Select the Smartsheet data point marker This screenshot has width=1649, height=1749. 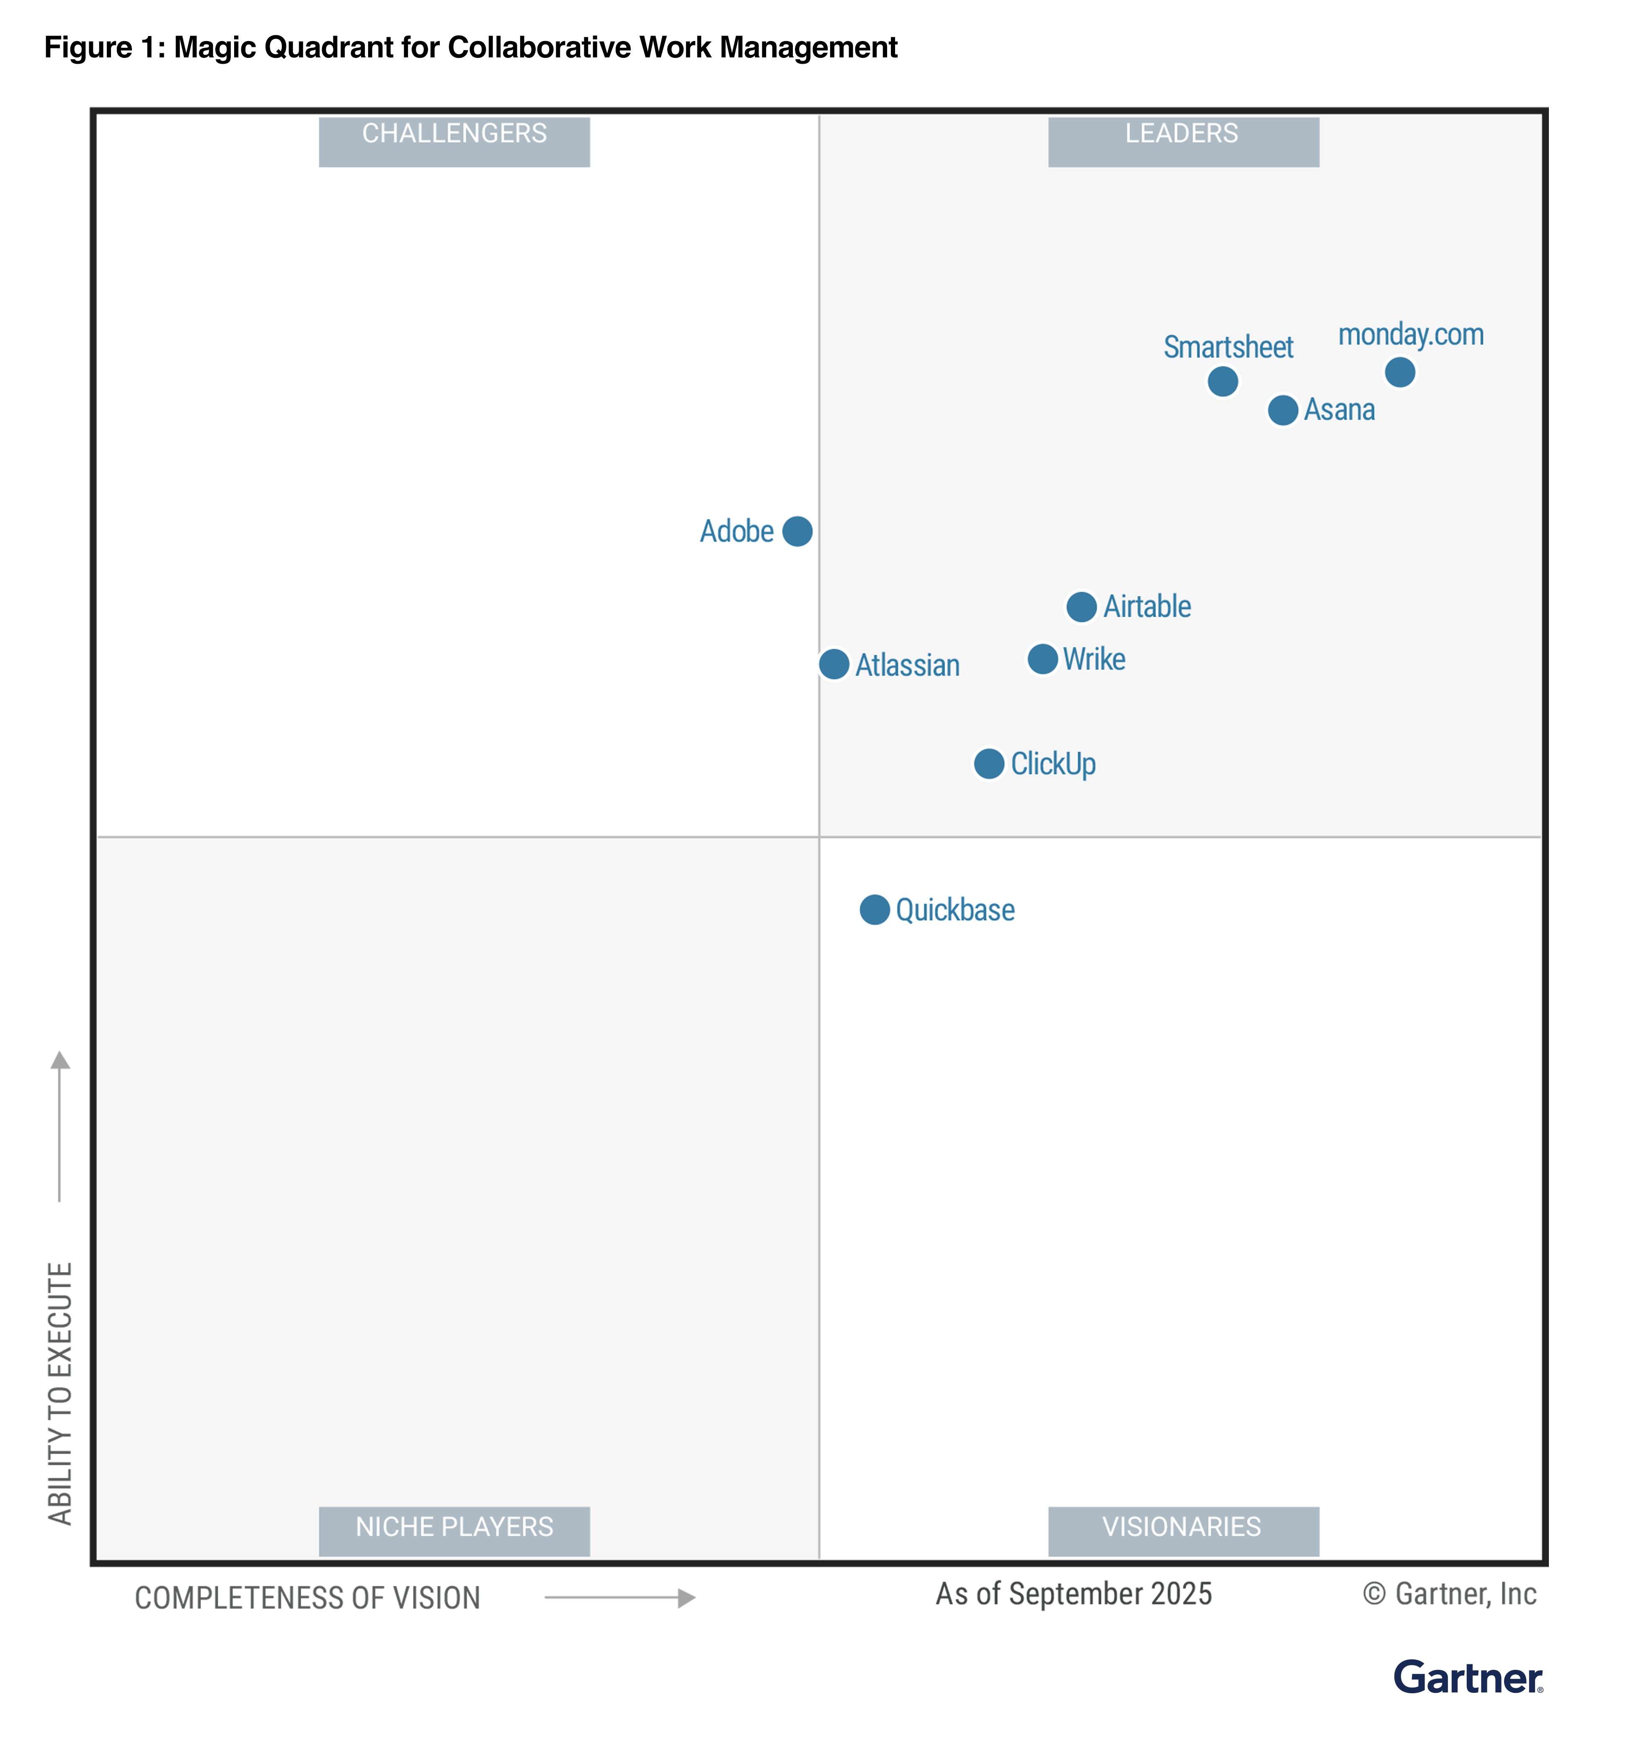coord(1223,381)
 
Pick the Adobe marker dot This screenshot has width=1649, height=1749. coord(797,531)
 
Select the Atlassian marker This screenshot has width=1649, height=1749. coord(834,664)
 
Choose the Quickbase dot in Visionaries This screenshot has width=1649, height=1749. coord(874,910)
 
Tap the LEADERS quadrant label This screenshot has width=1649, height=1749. coord(1183,141)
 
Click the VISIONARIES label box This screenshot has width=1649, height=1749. coord(1183,1531)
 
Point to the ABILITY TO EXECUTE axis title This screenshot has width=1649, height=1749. coord(60,1393)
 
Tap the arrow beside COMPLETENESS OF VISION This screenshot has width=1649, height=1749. coord(620,1598)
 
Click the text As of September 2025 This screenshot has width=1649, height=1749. coord(1073,1594)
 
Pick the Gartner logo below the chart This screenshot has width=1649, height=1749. coord(1467,1678)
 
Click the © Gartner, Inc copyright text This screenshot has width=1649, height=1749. coord(1449,1594)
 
